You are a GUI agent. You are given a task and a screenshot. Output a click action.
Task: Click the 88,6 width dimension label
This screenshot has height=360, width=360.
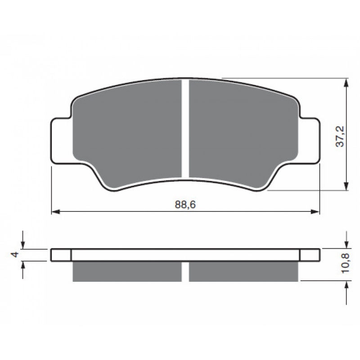tap(185, 205)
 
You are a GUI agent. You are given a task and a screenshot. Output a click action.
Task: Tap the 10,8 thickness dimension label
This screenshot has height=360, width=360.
tap(345, 263)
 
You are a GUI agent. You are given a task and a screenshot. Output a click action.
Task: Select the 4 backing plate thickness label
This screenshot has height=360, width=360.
tap(15, 254)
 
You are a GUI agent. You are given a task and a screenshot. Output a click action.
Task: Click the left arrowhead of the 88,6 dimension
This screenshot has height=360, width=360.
tap(55, 211)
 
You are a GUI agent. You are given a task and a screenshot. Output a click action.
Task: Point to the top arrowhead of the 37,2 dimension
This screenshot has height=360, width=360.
tap(346, 82)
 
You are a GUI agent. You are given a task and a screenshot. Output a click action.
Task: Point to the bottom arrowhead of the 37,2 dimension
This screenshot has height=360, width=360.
tap(346, 186)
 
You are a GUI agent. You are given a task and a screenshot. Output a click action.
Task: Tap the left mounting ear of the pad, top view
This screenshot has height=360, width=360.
tap(61, 141)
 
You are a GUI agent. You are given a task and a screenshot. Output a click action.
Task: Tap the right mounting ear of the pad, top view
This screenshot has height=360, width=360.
tap(310, 141)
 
